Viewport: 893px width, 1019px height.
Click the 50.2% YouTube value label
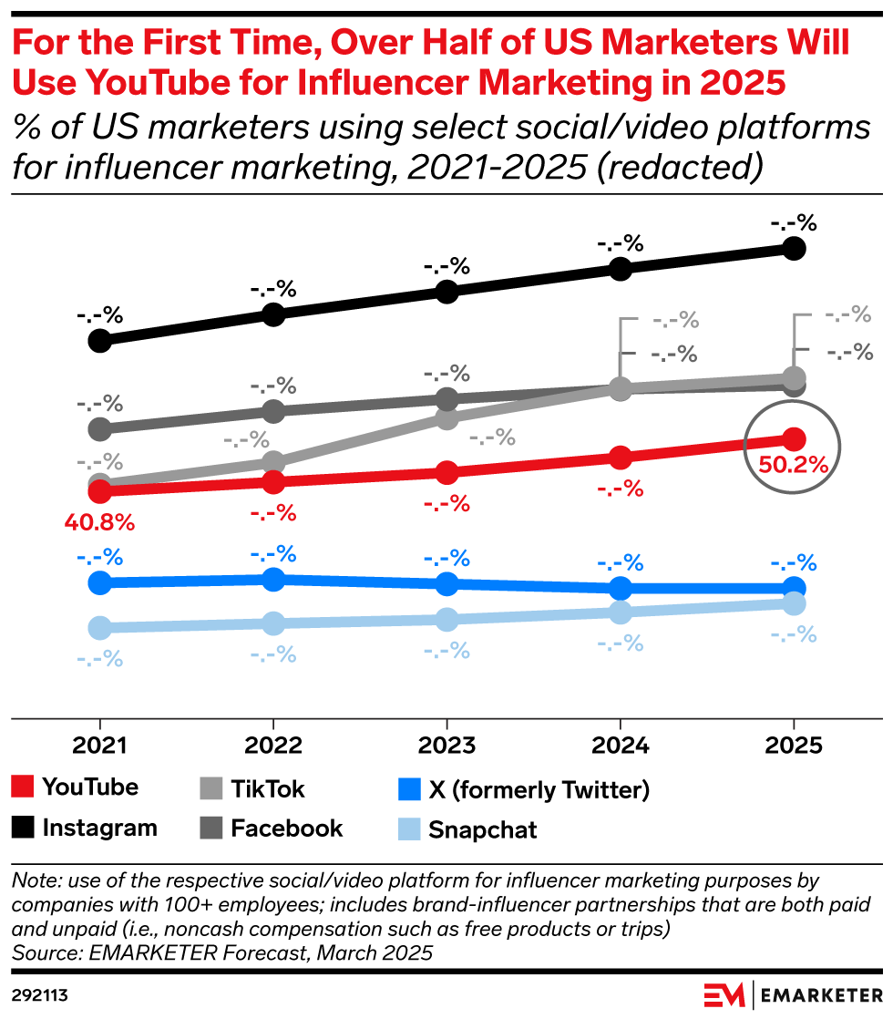(x=793, y=464)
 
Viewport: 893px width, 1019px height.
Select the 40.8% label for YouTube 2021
(x=99, y=523)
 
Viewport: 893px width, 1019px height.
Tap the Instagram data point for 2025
(x=794, y=248)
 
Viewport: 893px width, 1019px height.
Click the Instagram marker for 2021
(x=100, y=341)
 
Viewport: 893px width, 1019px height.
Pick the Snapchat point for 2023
(x=446, y=620)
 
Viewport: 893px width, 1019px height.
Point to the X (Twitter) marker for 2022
(x=273, y=579)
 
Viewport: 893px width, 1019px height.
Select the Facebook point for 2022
(x=273, y=411)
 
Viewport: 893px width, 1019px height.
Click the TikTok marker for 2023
(x=446, y=418)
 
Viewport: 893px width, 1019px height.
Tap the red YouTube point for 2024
(x=620, y=457)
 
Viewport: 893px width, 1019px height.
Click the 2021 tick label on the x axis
(x=100, y=746)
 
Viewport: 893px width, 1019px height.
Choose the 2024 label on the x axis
(x=620, y=746)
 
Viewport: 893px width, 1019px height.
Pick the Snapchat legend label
(x=482, y=829)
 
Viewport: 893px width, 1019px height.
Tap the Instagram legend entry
(x=100, y=828)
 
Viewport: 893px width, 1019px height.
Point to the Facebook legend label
(x=286, y=828)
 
